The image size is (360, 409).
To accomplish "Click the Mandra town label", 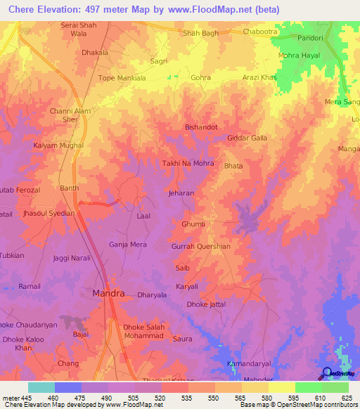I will pyautogui.click(x=109, y=293).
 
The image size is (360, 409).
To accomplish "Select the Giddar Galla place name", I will pyautogui.click(x=247, y=138).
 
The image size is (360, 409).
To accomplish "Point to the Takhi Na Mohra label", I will pyautogui.click(x=188, y=162).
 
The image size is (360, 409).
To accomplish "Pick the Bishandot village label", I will pyautogui.click(x=201, y=127).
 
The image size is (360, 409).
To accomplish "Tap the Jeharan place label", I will pyautogui.click(x=181, y=192).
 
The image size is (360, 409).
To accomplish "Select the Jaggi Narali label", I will pyautogui.click(x=72, y=258).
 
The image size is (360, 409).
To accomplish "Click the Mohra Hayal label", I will pyautogui.click(x=299, y=54).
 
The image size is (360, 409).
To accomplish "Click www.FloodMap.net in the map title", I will pyautogui.click(x=217, y=9).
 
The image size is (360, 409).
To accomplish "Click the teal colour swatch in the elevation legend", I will pyautogui.click(x=41, y=387).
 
